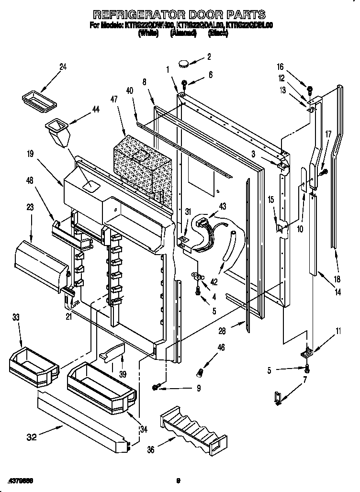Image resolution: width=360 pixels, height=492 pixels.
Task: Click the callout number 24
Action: pyautogui.click(x=62, y=67)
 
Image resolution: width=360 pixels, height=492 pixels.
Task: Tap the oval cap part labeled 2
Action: pyautogui.click(x=185, y=62)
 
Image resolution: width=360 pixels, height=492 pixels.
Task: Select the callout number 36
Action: pyautogui.click(x=151, y=449)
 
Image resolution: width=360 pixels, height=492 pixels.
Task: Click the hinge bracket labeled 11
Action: pyautogui.click(x=304, y=353)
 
